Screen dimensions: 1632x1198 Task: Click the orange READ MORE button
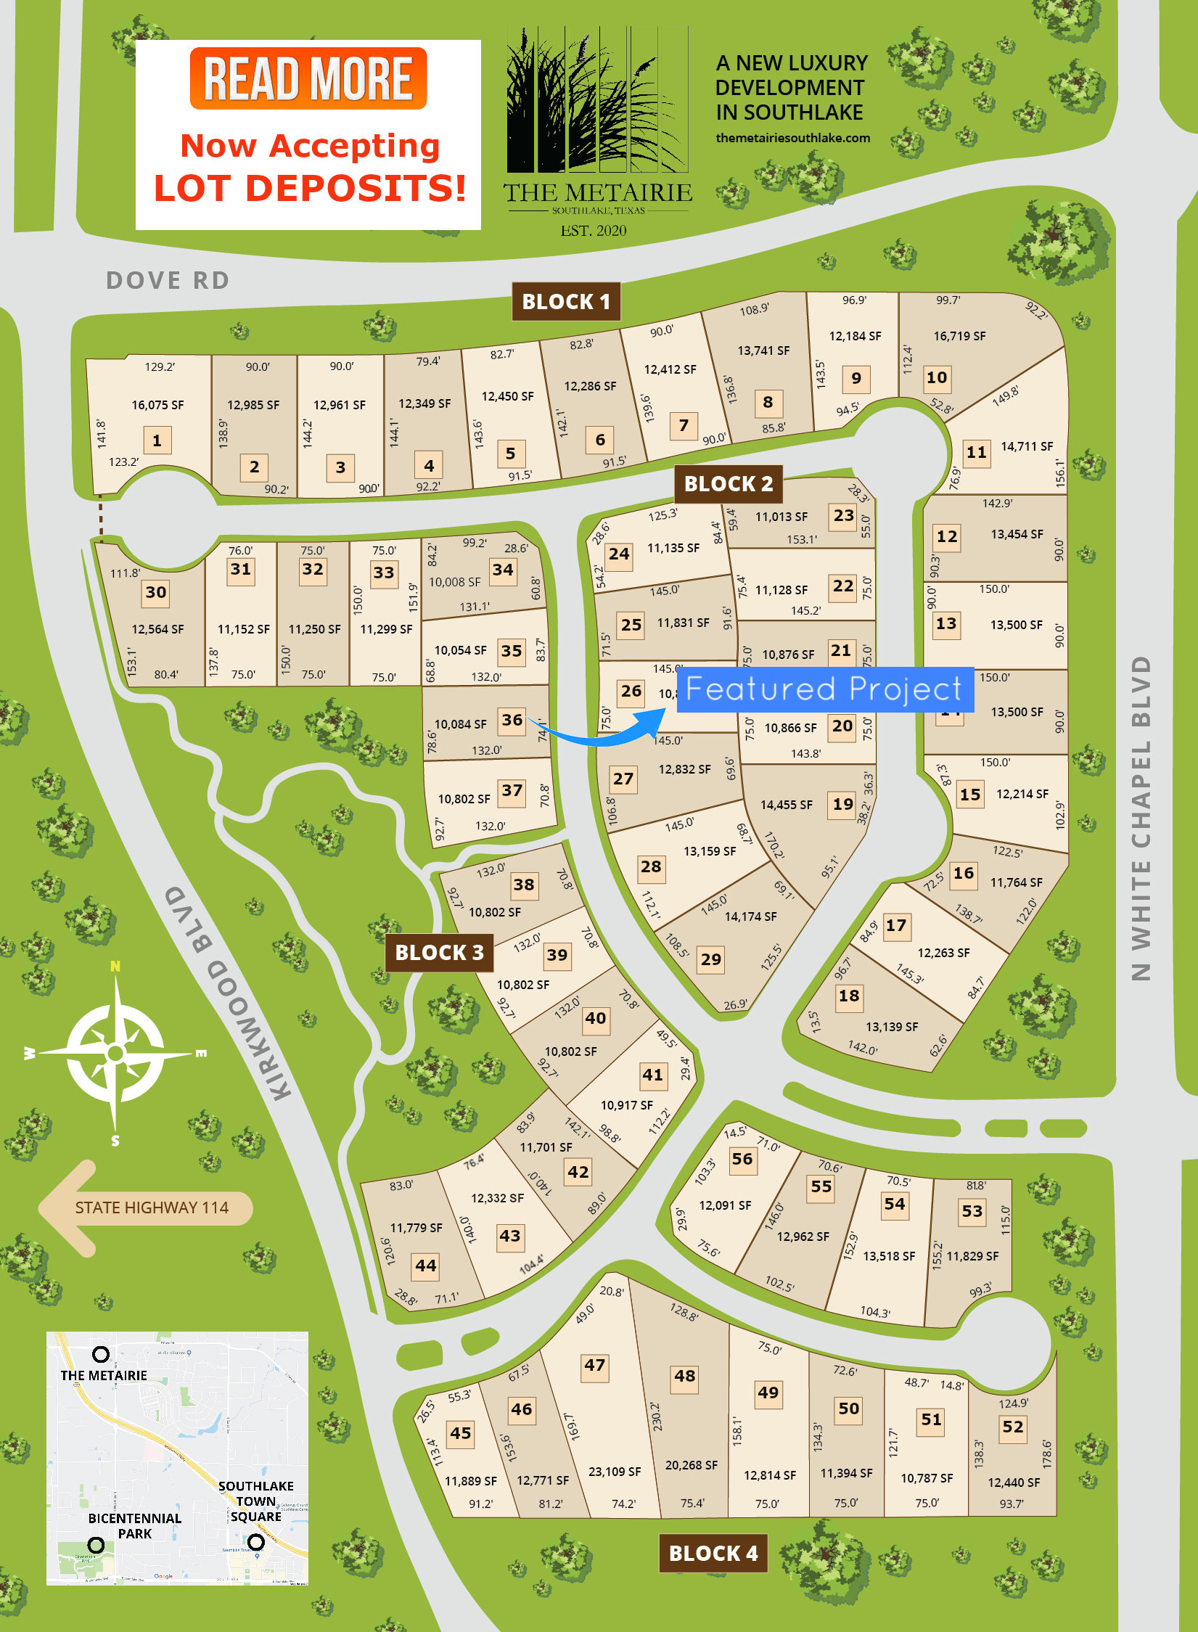(x=308, y=78)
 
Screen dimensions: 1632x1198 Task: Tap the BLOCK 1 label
(x=566, y=301)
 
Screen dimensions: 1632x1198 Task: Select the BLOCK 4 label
(x=713, y=1553)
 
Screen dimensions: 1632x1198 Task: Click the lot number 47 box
(x=594, y=1365)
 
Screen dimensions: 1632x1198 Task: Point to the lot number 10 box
(x=936, y=377)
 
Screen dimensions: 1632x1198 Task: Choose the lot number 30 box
(x=156, y=592)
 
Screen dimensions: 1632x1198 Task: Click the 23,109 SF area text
(x=614, y=1472)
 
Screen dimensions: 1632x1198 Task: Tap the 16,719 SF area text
(x=959, y=336)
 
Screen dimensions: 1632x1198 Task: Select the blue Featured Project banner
(x=824, y=689)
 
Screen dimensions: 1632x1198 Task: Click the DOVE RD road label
(x=168, y=280)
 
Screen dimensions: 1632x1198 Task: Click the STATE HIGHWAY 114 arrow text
(x=152, y=1207)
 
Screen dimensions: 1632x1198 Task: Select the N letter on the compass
(x=115, y=966)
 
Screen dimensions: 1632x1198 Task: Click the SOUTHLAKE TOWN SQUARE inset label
(x=255, y=1501)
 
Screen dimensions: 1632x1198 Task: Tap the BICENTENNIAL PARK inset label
(x=134, y=1525)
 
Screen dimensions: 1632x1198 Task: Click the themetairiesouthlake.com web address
(x=792, y=138)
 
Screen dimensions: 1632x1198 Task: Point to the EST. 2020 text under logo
(x=593, y=231)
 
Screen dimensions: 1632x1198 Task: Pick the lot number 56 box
(x=742, y=1159)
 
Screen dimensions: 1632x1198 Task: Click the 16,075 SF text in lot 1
(x=157, y=405)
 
